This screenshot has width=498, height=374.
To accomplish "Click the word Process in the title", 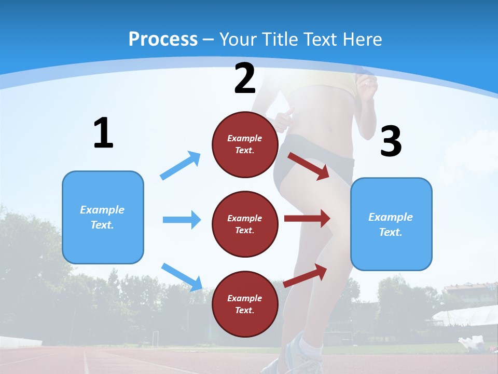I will [x=163, y=39].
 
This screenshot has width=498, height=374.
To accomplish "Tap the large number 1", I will [x=103, y=133].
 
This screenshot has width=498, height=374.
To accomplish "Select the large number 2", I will [x=245, y=78].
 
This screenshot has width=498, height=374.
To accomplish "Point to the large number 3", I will [x=391, y=142].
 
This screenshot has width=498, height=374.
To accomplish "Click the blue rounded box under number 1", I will [x=103, y=217].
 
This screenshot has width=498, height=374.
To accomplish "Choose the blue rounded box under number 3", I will [x=391, y=224].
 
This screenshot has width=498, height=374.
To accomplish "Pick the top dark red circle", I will [x=245, y=144].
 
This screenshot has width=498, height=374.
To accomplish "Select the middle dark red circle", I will [x=245, y=224].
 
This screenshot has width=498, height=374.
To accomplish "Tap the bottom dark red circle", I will [x=245, y=304].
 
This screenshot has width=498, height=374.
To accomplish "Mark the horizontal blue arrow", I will [x=182, y=220].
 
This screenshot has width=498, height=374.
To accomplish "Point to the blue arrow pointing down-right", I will [x=182, y=276].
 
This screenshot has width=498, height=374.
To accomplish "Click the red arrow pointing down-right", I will [x=309, y=166].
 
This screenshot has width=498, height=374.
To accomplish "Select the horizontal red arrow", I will [x=307, y=218].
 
